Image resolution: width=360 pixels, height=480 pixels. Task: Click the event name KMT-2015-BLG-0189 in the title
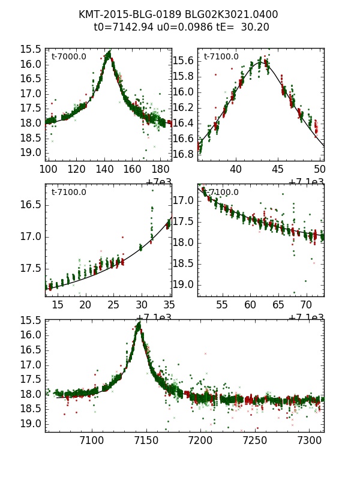(x=123, y=14)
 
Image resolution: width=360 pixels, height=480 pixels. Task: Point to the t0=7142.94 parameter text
(x=123, y=27)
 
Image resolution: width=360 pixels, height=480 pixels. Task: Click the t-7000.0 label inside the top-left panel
(x=68, y=57)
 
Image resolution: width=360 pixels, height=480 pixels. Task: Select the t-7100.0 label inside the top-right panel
(x=221, y=57)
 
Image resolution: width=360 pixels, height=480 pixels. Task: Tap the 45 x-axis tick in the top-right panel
(x=278, y=169)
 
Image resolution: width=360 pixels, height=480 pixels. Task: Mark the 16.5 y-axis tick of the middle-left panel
(x=34, y=205)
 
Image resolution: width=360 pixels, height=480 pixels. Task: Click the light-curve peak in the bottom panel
(x=139, y=325)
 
